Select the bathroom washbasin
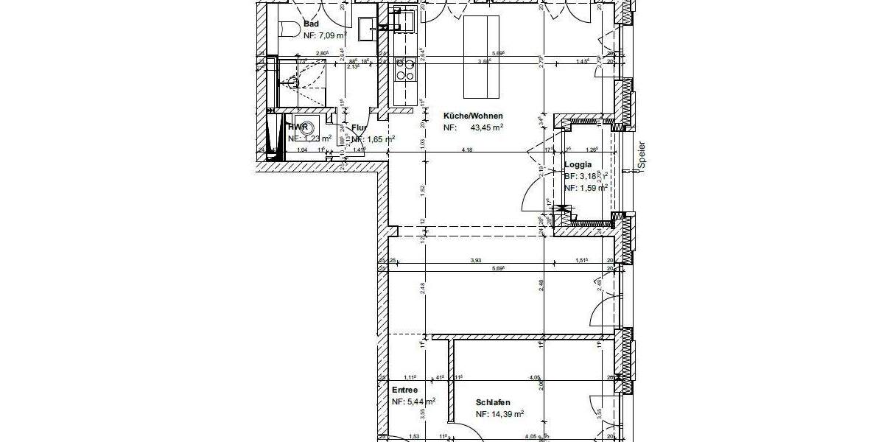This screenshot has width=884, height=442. click(x=366, y=29)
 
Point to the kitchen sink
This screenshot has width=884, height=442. click(x=404, y=19)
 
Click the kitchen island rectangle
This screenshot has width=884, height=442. click(x=483, y=55)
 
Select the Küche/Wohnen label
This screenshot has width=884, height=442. click(x=472, y=116)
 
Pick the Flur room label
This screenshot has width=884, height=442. click(x=359, y=127)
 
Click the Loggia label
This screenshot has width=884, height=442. click(x=578, y=166)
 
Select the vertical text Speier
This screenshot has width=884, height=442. click(x=642, y=156)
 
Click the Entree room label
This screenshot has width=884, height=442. click(x=404, y=390)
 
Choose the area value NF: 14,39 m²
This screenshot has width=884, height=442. click(x=499, y=415)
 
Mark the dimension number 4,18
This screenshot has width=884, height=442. click(x=466, y=150)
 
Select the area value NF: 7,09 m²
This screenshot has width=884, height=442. click(x=325, y=35)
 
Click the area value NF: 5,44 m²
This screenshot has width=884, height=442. click(x=413, y=402)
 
